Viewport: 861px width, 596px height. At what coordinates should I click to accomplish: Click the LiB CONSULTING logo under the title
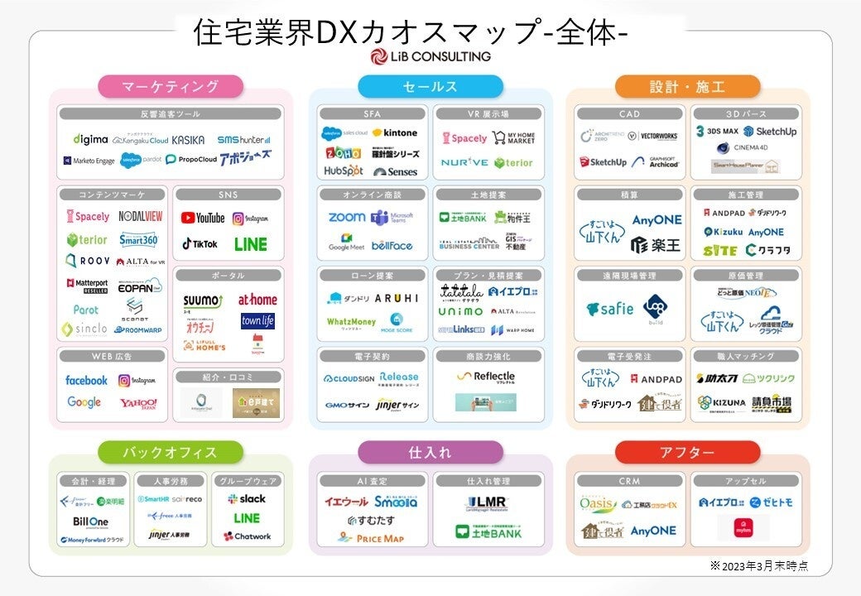(x=430, y=56)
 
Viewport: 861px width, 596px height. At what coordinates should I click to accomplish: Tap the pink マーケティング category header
(x=171, y=87)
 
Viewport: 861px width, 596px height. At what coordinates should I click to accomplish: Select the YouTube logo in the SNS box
(x=203, y=218)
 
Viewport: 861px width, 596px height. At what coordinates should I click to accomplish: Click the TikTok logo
(x=200, y=244)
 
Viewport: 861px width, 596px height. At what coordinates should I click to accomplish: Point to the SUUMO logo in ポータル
(x=203, y=300)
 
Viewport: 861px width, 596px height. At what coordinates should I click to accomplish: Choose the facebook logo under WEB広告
(x=86, y=380)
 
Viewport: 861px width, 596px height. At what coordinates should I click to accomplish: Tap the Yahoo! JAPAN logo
(x=138, y=403)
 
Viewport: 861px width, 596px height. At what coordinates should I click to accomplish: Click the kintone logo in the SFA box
(x=395, y=132)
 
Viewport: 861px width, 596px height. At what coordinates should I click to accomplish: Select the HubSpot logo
(x=343, y=171)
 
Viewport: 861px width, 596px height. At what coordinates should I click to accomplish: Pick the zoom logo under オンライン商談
(x=346, y=218)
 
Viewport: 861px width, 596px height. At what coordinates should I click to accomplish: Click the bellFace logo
(x=392, y=246)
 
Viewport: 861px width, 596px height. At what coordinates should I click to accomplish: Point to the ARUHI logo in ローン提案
(x=397, y=298)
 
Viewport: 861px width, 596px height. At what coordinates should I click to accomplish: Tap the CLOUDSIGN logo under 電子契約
(x=349, y=378)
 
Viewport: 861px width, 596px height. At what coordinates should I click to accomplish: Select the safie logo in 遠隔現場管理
(x=609, y=309)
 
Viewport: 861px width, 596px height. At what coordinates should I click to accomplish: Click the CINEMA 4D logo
(x=746, y=148)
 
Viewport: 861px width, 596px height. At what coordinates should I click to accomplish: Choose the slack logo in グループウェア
(x=247, y=499)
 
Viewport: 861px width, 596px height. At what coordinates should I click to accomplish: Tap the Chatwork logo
(x=247, y=536)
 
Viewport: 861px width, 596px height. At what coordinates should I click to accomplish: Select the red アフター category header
(x=687, y=453)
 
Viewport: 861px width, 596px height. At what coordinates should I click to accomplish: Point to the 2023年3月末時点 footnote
(x=758, y=565)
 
